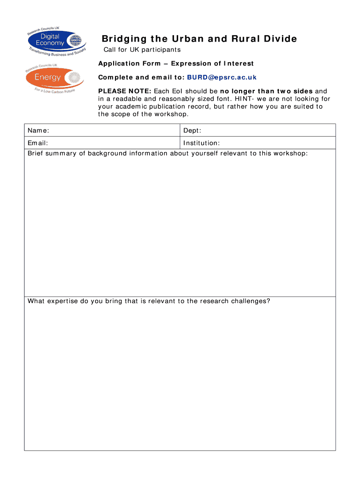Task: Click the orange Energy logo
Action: (x=55, y=77)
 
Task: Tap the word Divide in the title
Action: (x=280, y=39)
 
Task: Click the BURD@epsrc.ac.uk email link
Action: (x=222, y=77)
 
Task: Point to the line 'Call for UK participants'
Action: (x=142, y=50)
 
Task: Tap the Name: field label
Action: (x=38, y=131)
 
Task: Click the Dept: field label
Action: (x=192, y=131)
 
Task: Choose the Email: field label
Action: (x=37, y=143)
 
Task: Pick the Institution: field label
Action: (x=202, y=143)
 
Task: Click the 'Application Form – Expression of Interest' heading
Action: (x=176, y=64)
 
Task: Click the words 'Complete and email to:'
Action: (x=141, y=77)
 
